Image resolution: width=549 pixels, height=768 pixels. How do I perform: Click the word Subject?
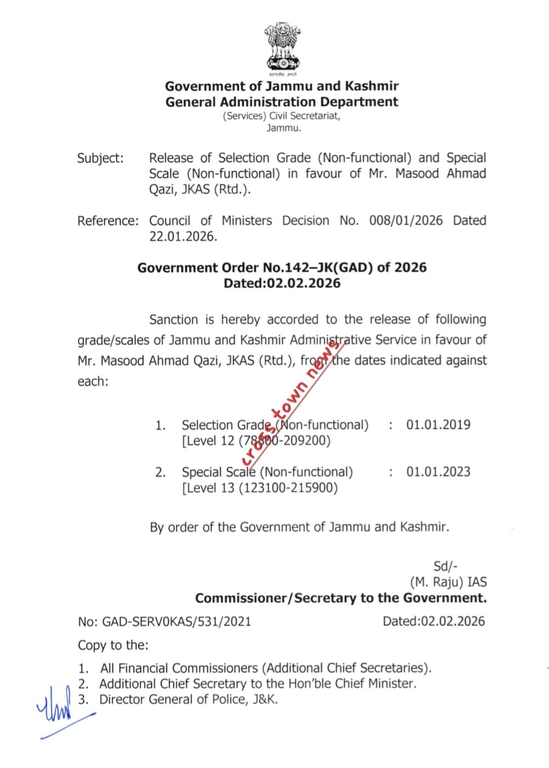100,158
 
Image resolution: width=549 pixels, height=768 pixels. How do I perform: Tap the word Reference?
108,221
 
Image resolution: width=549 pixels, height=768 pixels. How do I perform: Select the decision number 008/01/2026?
406,221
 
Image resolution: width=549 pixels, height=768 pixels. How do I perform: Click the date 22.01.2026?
183,236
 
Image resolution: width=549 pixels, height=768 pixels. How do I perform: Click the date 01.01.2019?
438,425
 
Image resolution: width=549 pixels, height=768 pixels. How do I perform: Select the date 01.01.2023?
438,472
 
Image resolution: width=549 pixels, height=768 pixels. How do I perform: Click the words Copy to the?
113,645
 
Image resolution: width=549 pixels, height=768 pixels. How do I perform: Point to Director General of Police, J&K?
189,699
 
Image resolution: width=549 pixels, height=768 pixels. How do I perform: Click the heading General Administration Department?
282,102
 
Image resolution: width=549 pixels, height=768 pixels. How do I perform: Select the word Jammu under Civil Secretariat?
283,128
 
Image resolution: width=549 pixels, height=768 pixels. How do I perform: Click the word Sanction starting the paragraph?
174,320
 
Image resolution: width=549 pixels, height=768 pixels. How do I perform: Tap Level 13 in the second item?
210,488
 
